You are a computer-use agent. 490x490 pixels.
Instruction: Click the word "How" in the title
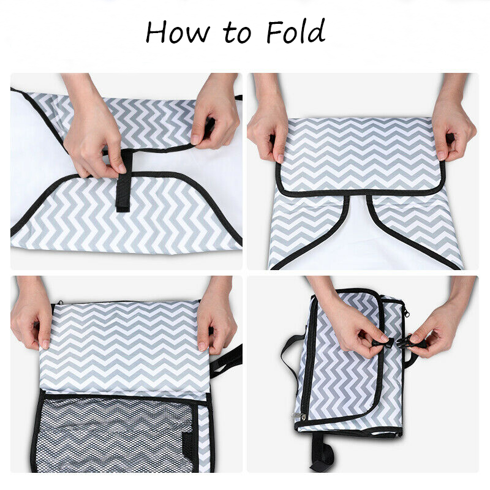coord(178,32)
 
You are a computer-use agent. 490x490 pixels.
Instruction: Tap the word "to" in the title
coord(237,34)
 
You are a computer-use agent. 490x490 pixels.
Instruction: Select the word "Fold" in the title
coord(296,31)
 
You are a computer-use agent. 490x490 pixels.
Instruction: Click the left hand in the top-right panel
coord(268,125)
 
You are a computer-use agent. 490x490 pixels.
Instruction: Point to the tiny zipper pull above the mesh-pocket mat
coord(59,303)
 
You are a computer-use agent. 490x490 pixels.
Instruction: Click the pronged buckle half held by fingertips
coord(380,342)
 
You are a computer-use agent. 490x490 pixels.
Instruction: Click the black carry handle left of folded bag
coord(292,353)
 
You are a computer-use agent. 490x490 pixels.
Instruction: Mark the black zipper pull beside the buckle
coord(407,312)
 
